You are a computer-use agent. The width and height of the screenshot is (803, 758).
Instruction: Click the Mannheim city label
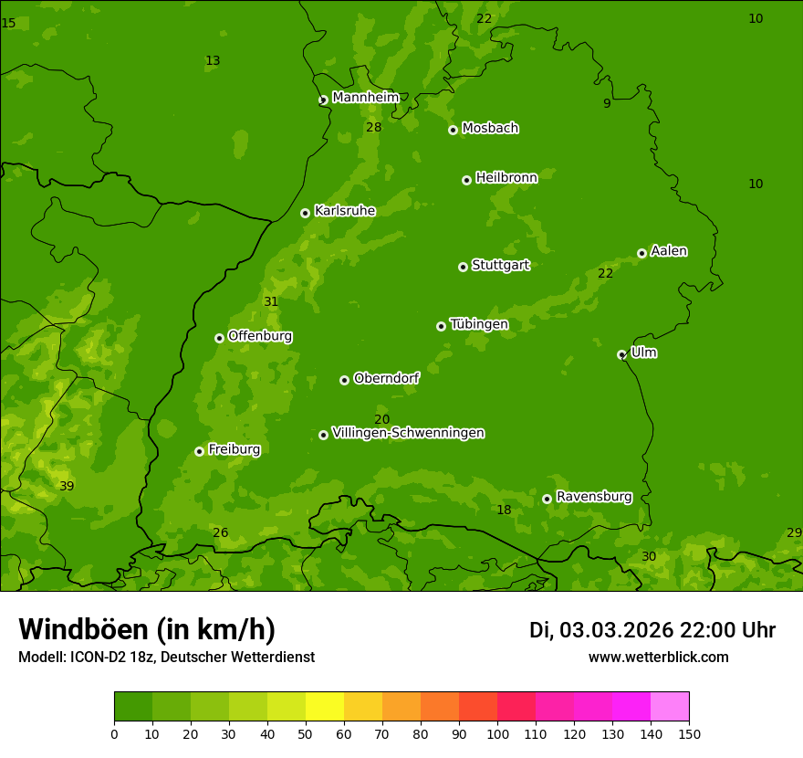tap(365, 98)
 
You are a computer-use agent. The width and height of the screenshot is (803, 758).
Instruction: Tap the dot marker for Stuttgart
tap(463, 267)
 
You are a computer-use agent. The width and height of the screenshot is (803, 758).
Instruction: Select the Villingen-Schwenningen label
tap(408, 433)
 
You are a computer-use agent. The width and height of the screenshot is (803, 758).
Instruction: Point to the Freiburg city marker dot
tap(199, 451)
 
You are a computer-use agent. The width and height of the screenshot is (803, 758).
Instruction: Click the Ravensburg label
tap(594, 497)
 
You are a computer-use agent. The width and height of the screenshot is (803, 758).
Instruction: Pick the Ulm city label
tap(643, 353)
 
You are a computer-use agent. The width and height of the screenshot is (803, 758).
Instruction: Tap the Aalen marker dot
tap(641, 253)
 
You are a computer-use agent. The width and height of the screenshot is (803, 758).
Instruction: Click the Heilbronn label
tap(506, 178)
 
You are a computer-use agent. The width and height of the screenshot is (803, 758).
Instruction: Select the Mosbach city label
tap(490, 129)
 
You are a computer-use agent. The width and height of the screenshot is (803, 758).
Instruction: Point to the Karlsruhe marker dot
tap(305, 213)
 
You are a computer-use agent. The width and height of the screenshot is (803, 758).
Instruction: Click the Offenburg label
tap(260, 336)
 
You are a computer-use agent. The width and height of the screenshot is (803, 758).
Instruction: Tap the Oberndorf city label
tap(386, 378)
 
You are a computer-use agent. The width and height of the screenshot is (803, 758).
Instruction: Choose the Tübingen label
tap(479, 324)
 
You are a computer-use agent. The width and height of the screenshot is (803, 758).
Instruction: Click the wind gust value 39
tap(67, 486)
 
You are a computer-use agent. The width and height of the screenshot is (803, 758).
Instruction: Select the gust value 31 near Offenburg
tap(271, 301)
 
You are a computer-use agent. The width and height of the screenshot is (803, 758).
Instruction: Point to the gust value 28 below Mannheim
tap(374, 127)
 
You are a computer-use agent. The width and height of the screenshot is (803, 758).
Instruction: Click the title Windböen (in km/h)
tap(147, 629)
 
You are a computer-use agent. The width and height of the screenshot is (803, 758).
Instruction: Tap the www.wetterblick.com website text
tap(658, 657)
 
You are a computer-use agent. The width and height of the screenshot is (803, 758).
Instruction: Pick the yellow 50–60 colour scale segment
tap(325, 707)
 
